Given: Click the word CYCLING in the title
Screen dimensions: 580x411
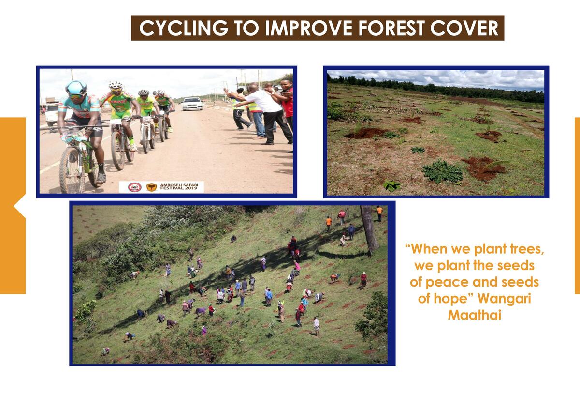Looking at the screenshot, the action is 184,28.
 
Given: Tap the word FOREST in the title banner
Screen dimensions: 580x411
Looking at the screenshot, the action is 391,28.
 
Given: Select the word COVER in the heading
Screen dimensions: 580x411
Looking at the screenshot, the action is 464,28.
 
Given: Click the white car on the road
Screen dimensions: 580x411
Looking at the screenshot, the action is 192,104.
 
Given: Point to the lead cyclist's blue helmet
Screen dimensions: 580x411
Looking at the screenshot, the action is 76,88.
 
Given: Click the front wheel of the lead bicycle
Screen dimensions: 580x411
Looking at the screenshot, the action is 72,170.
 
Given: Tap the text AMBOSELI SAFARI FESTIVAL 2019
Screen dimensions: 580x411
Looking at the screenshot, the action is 179,187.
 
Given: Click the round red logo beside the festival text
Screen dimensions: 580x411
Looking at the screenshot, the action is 135,187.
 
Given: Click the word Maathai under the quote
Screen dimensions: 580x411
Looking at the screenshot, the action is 475,315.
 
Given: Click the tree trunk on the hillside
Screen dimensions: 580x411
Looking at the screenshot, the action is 369,229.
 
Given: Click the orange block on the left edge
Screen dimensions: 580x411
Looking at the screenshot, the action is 13,206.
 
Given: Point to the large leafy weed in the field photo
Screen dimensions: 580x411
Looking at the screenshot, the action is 442,171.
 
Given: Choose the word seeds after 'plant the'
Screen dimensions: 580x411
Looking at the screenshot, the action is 516,266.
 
